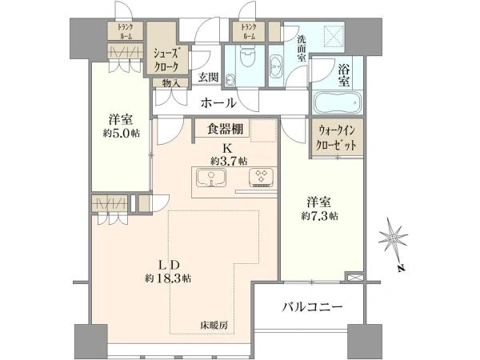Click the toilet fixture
[246, 56]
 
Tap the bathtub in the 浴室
[338, 102]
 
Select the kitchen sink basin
[211, 178]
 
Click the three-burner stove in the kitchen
[261, 178]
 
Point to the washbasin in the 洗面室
[277, 66]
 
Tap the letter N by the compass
[402, 268]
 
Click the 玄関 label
[208, 77]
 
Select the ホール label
[218, 103]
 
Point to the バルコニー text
[312, 306]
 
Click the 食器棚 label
[226, 129]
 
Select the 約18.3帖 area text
[168, 278]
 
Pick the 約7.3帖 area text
[319, 217]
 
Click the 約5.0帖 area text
[122, 133]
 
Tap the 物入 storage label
[170, 82]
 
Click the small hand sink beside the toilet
[230, 80]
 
